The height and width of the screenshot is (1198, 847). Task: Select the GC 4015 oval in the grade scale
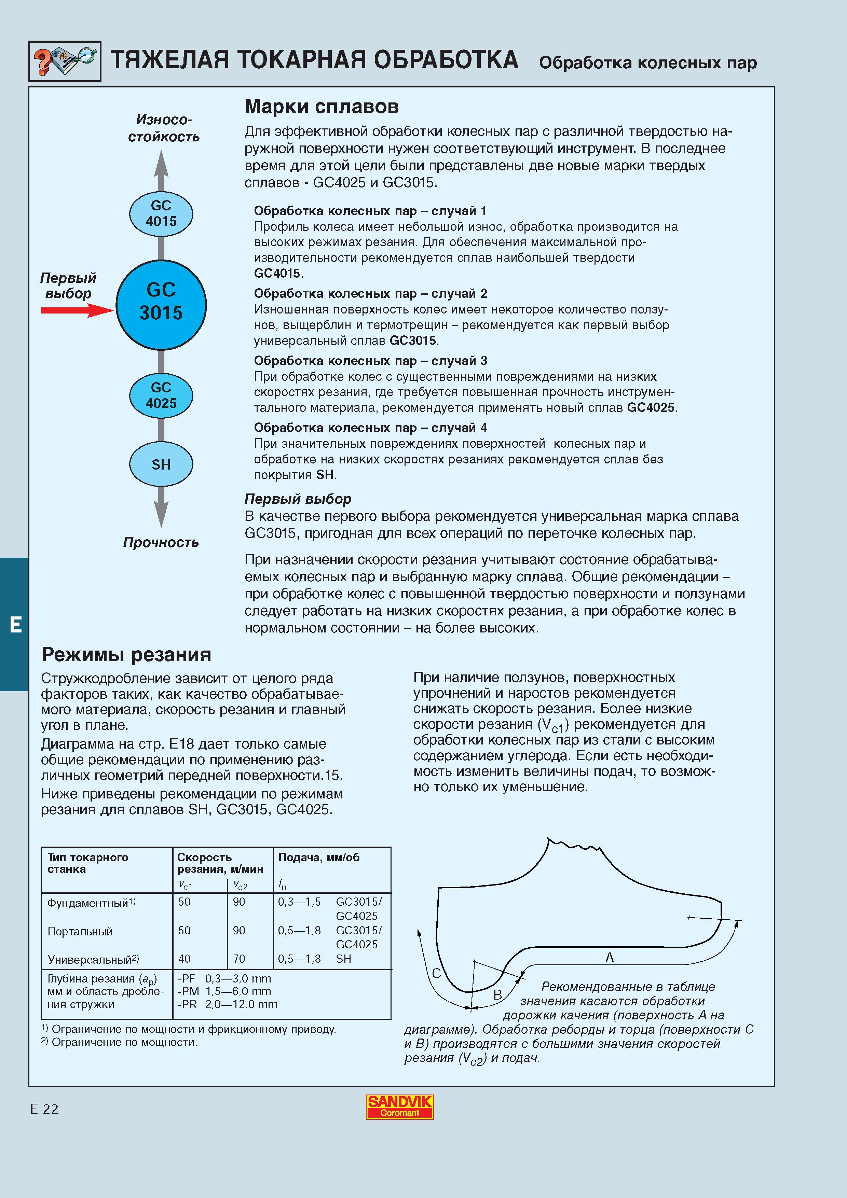[161, 213]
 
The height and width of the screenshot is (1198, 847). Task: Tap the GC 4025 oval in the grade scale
[161, 395]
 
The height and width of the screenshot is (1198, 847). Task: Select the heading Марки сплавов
[322, 107]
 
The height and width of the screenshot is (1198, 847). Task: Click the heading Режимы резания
[126, 654]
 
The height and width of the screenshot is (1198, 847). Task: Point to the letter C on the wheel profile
[437, 973]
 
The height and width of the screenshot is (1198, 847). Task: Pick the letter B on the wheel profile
[497, 994]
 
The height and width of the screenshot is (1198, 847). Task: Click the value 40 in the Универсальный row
[184, 959]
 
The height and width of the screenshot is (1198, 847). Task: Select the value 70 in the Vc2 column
[239, 959]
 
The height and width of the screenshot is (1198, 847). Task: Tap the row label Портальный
[80, 931]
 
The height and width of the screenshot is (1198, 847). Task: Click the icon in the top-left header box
[65, 61]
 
